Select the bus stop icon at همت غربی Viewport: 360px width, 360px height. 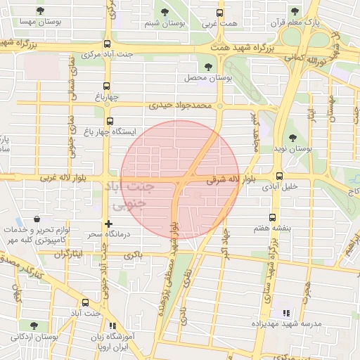pos(220,12)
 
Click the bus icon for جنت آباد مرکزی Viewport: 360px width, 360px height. pos(107,41)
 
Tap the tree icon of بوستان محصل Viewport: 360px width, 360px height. pos(208,66)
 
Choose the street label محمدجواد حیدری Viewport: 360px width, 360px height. pos(179,106)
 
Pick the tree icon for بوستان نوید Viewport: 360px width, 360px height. pos(292,138)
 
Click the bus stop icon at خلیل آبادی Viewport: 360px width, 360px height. pos(280,176)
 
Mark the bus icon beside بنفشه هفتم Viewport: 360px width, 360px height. pos(272,217)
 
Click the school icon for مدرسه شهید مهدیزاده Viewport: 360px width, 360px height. pos(285,313)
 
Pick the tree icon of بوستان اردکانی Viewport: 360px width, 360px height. pos(34,326)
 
